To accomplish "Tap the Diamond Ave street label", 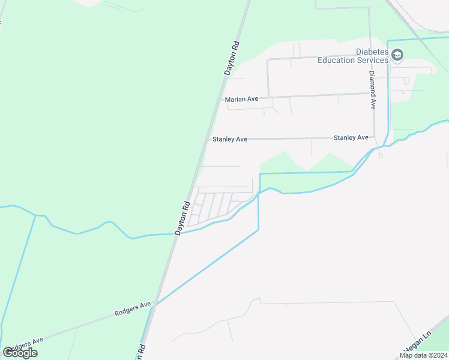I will tap(372, 90).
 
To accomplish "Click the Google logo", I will tap(20, 353).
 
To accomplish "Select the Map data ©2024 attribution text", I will tap(423, 355).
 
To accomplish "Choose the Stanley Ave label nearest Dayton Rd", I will tap(230, 139).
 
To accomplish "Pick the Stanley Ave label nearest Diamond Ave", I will tap(351, 137).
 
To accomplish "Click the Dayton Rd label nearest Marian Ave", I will tap(232, 58).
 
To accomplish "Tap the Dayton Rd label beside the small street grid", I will tap(182, 217).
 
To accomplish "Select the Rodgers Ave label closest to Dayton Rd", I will tap(133, 310).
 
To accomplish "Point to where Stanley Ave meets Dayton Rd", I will tap(205, 139).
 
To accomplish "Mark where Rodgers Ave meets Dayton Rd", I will tap(154, 304).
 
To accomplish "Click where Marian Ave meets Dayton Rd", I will tap(215, 99).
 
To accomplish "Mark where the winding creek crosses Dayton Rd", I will tap(179, 233).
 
